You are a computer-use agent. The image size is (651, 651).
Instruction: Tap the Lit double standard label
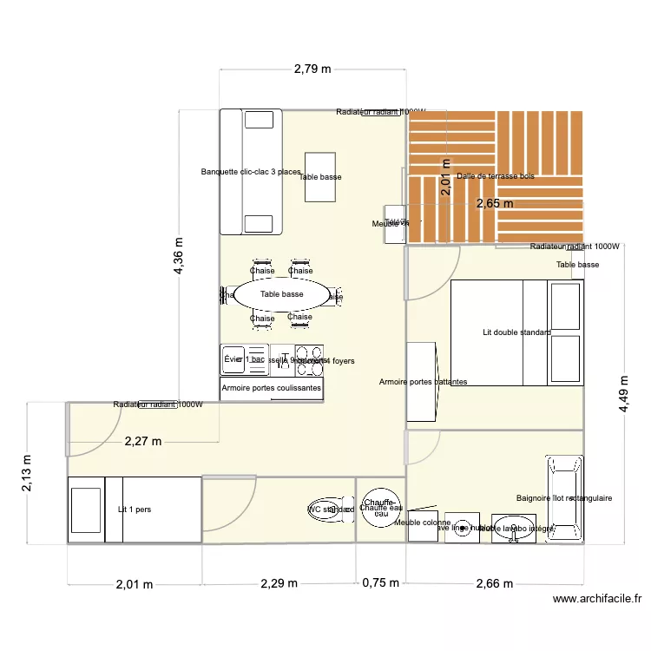517,332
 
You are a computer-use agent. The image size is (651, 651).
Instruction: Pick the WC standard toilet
331,510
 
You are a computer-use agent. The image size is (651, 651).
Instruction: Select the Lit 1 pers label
135,510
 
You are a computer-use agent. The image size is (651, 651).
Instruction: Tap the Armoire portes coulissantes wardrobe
272,388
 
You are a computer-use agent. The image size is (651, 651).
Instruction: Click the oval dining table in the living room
281,295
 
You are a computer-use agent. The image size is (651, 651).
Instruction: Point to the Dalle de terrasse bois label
496,176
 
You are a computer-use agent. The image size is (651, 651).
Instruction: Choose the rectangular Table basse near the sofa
320,176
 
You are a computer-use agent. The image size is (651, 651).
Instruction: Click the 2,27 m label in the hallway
142,441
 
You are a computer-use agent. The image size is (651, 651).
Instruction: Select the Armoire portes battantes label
424,382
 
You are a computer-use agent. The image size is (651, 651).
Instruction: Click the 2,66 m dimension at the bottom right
495,584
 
